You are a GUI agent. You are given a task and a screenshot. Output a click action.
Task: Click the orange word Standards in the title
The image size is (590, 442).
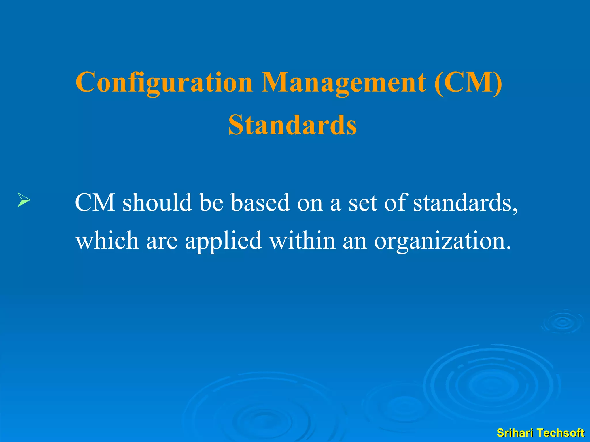(293, 125)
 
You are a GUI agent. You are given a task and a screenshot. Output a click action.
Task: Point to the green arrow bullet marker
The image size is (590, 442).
(24, 200)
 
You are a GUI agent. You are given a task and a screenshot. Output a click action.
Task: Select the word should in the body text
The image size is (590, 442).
(157, 203)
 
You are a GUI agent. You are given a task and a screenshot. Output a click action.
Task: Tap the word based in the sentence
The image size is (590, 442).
(260, 203)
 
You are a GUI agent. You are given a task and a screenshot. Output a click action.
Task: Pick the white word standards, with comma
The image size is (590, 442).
(466, 203)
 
